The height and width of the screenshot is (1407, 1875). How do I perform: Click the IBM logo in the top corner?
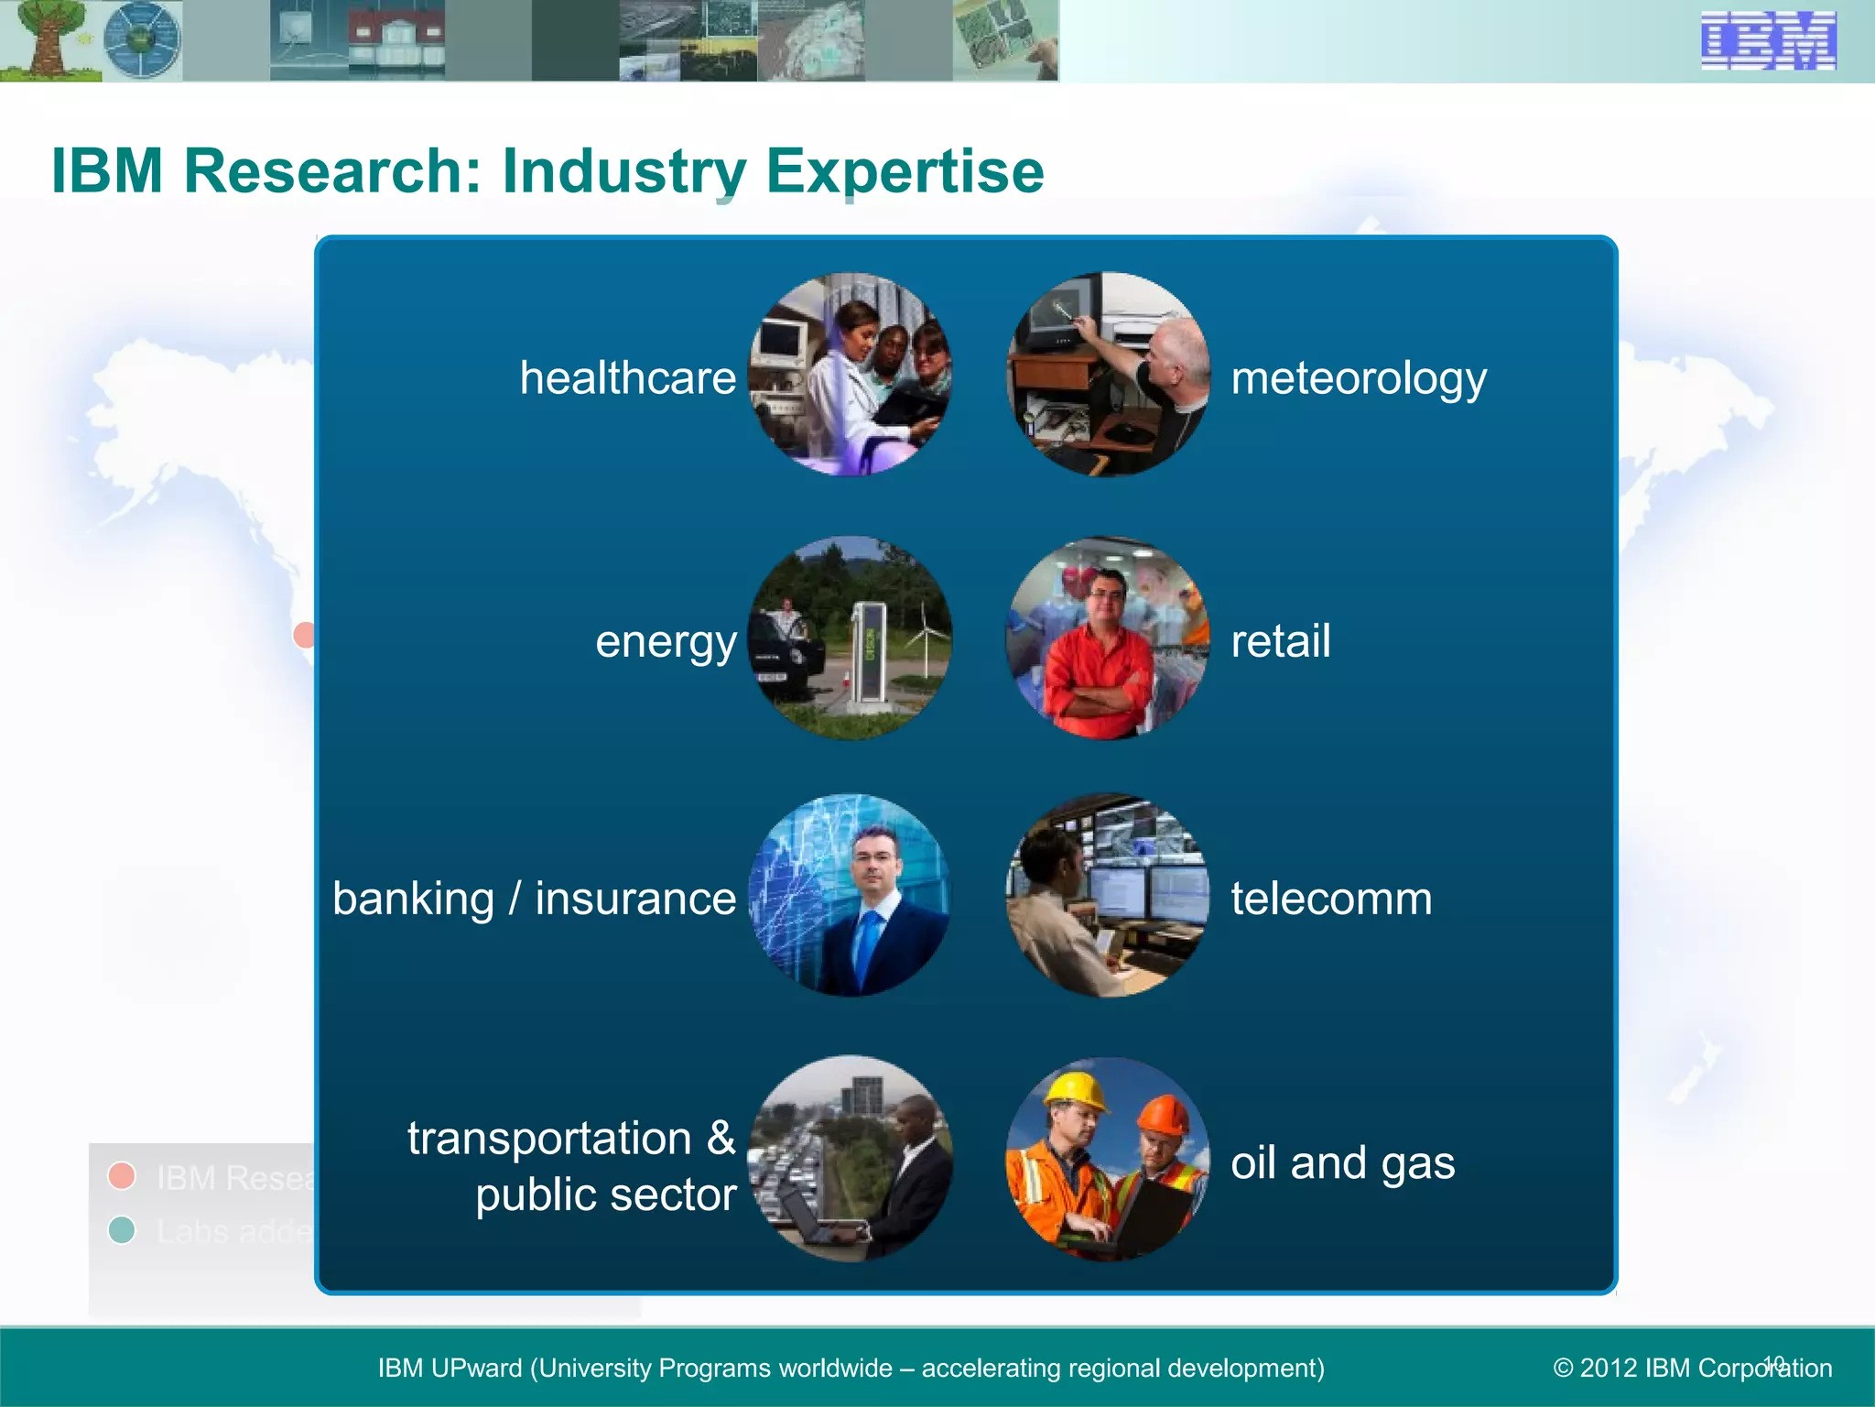(1768, 40)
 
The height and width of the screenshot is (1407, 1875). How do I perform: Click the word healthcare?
(627, 377)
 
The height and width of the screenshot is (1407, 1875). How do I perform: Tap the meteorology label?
(1358, 378)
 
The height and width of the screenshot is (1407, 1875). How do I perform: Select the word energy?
(666, 642)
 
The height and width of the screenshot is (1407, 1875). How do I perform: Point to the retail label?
(1280, 640)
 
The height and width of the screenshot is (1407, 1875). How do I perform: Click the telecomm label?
(1330, 898)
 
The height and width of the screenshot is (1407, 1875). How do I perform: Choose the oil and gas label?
(1342, 1162)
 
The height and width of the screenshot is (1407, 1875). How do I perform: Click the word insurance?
(635, 899)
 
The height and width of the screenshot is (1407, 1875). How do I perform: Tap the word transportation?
(549, 1139)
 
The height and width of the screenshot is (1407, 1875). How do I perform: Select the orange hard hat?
(1162, 1115)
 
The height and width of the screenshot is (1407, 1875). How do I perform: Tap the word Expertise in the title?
(905, 171)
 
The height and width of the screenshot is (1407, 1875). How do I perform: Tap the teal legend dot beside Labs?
(122, 1229)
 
